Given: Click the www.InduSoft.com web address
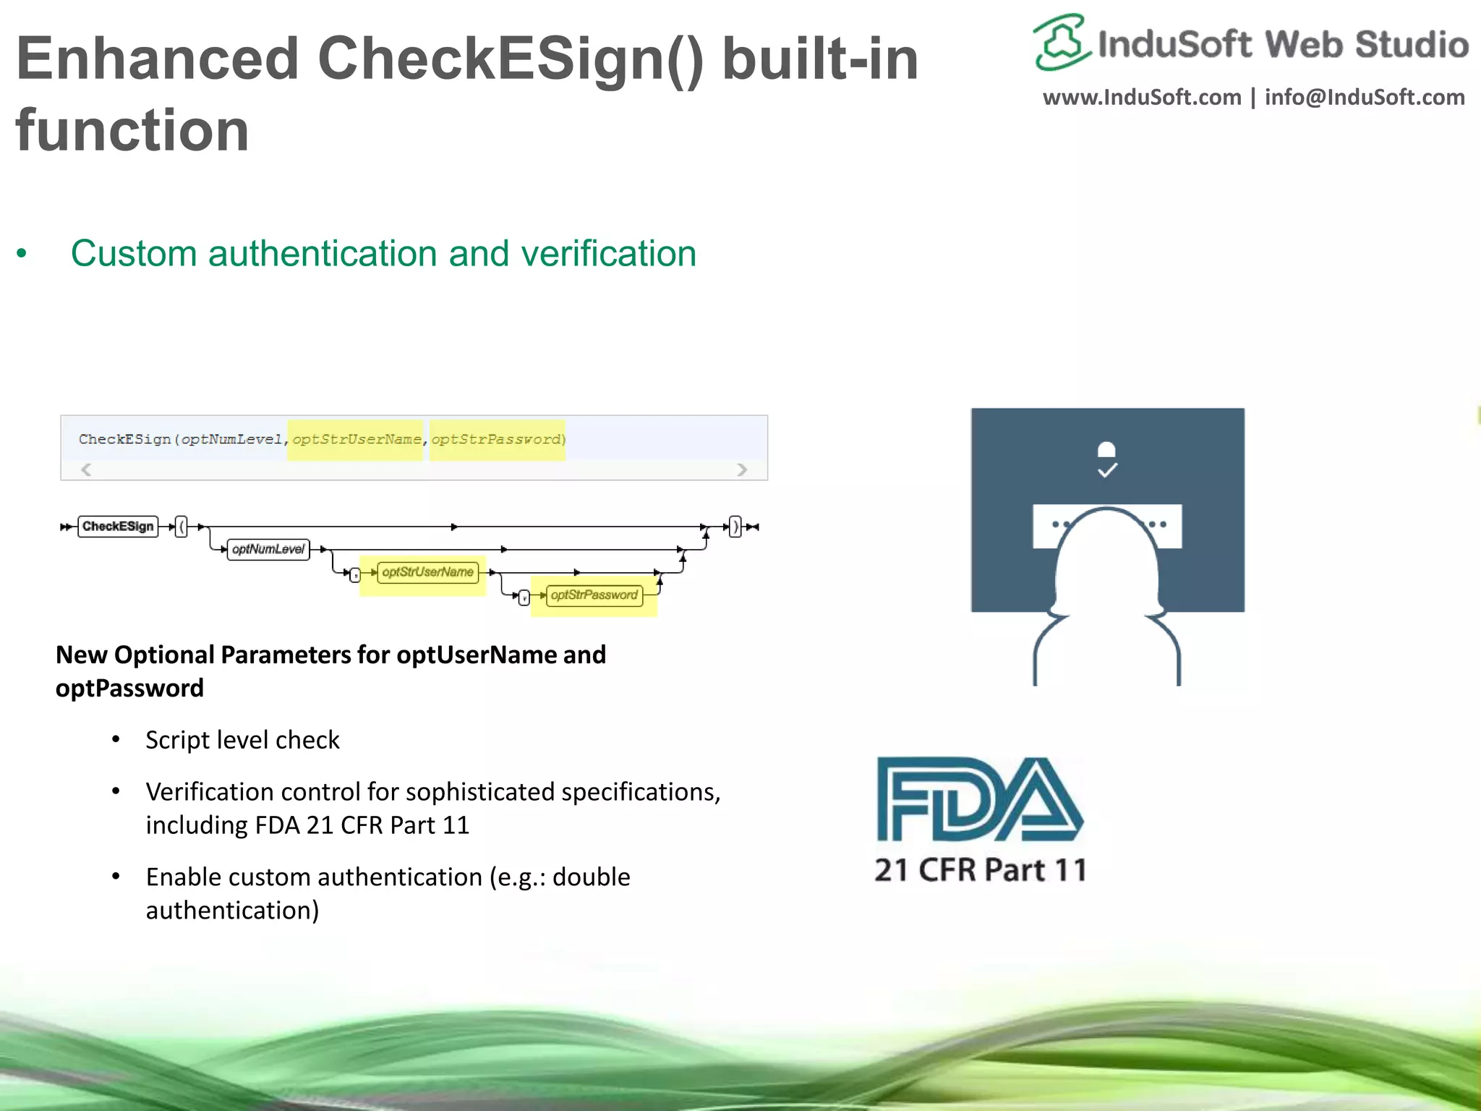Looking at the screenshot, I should (1142, 98).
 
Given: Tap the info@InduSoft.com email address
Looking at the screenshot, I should (1365, 98).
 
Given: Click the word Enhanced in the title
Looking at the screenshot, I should (158, 59).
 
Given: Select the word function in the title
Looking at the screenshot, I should (132, 130).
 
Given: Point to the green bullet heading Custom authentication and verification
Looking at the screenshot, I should (383, 254).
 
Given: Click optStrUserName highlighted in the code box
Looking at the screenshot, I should (357, 440).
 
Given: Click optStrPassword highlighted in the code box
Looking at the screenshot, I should (497, 440).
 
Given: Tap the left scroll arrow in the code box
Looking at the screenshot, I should (86, 469).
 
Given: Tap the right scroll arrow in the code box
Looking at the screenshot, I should (742, 469).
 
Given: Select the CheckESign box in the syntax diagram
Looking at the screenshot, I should (118, 527).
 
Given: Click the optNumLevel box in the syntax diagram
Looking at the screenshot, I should (268, 550).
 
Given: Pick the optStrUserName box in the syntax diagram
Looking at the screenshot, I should (427, 572).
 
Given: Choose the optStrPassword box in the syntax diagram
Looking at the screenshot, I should (594, 595).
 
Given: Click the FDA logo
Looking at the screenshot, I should (979, 799).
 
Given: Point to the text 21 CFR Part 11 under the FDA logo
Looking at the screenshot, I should (981, 870).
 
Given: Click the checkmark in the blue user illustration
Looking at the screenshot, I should (1107, 471).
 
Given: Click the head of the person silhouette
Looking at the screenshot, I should (1106, 557).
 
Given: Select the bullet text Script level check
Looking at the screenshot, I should (242, 741).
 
